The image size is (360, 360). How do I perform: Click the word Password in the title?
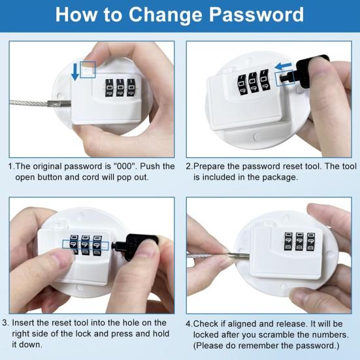[x=257, y=15]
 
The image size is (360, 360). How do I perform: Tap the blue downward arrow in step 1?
[x=75, y=73]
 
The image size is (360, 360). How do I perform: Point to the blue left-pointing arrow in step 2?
[x=283, y=66]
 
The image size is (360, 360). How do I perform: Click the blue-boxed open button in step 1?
[x=88, y=69]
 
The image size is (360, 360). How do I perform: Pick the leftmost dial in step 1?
[x=109, y=88]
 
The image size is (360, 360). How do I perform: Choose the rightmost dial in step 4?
[x=311, y=242]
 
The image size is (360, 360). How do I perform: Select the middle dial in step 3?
[x=86, y=244]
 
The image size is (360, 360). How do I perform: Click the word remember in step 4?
[x=260, y=346]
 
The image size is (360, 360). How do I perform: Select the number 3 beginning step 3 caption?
[x=5, y=323]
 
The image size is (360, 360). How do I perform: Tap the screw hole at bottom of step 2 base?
[x=256, y=137]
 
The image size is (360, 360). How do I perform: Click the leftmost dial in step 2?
[x=241, y=84]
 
